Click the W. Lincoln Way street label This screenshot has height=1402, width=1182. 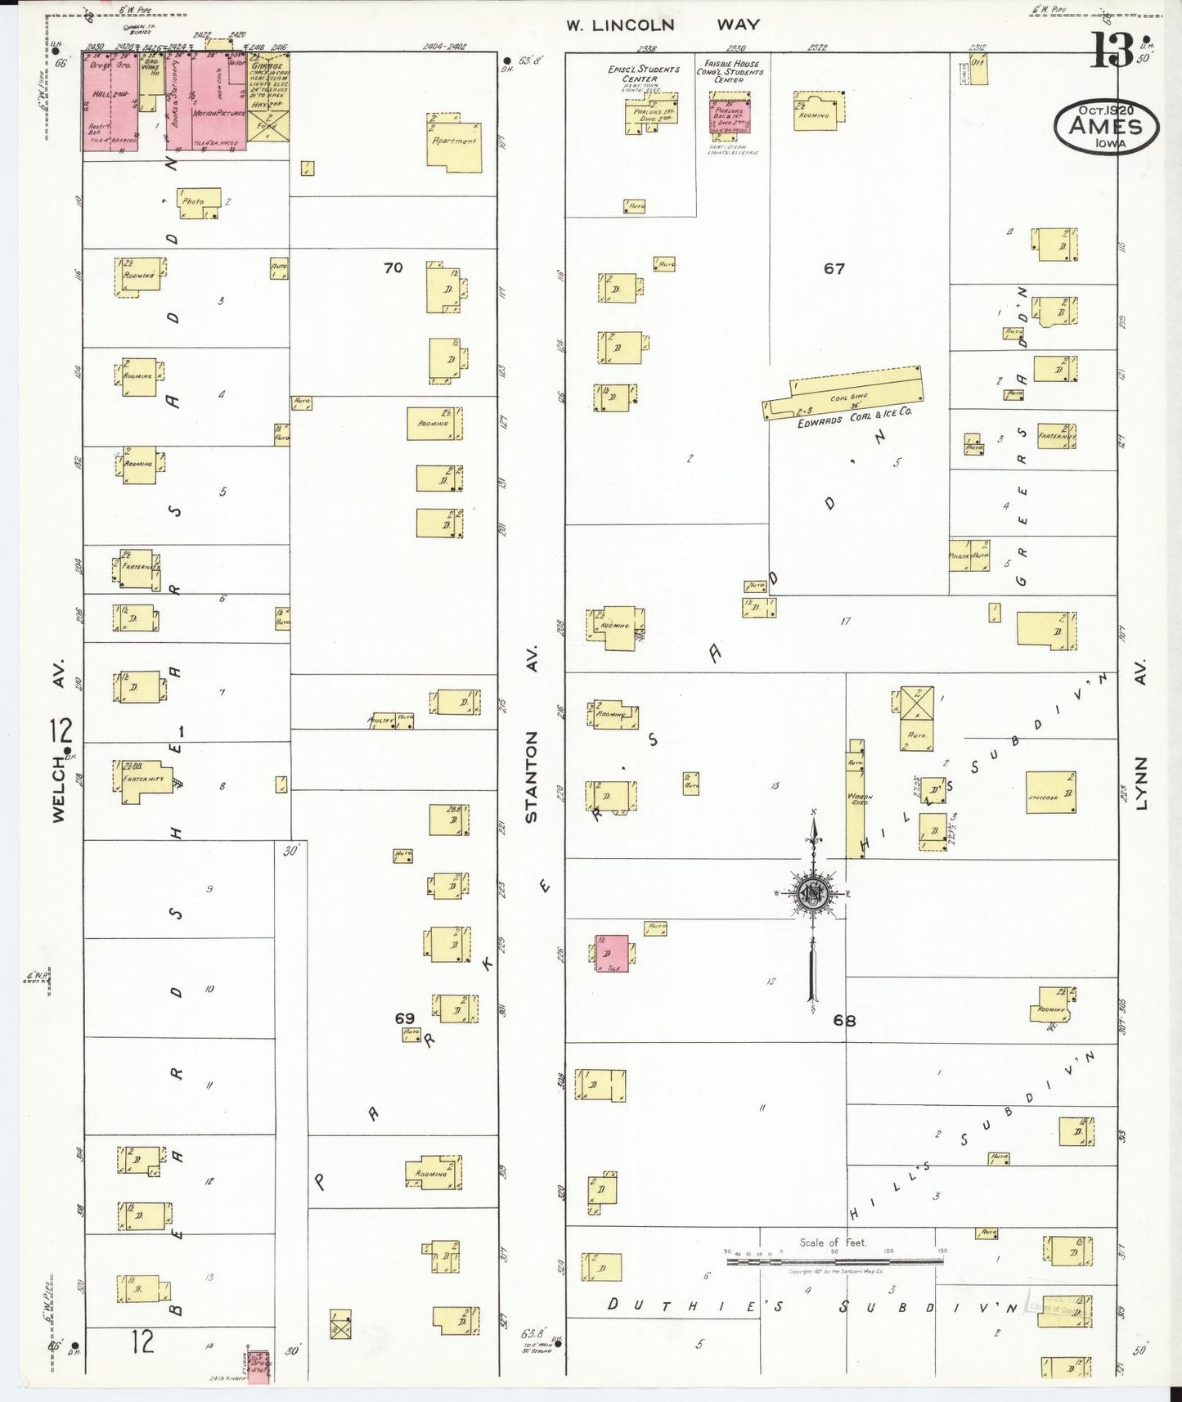pos(663,25)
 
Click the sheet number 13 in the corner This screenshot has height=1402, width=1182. pos(1112,51)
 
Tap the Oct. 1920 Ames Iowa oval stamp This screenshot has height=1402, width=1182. pos(1106,126)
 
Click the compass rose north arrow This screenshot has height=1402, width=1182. pos(813,892)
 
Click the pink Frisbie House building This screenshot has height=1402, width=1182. pos(729,112)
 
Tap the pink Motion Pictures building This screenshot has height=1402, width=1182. pos(218,102)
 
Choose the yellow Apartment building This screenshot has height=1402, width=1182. pos(454,146)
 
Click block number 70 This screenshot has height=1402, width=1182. pos(393,267)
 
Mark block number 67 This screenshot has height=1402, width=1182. pos(834,268)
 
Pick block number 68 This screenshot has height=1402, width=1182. pos(844,1020)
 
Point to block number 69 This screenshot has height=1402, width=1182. pos(405,1018)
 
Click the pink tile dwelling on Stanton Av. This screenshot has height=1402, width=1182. pos(612,953)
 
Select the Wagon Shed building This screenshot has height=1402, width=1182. pos(856,799)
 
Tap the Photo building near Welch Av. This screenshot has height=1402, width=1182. pos(200,202)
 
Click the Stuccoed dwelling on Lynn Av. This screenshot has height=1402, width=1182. pos(1050,792)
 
